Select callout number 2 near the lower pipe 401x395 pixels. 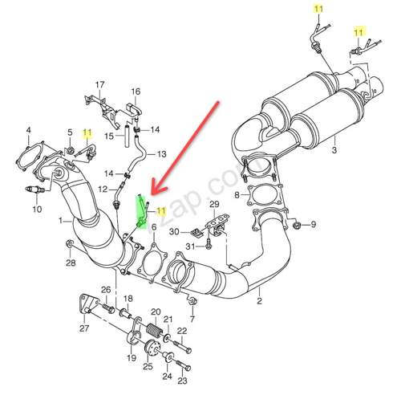tap(259, 302)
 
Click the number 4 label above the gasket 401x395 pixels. tap(28, 130)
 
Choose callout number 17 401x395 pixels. tap(100, 84)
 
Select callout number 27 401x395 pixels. tap(83, 328)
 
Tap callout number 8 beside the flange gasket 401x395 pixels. tap(236, 195)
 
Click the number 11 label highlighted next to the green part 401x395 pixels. tap(160, 210)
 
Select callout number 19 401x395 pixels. tap(132, 359)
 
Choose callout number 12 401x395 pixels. tap(103, 189)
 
